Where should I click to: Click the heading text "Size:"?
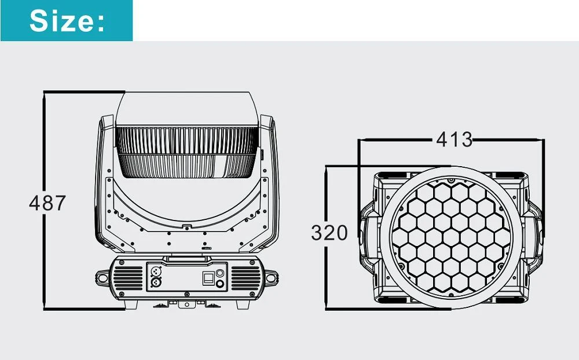[x=67, y=21]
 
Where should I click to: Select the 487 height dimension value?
[x=47, y=203]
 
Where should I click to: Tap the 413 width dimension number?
[x=454, y=139]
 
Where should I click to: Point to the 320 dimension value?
[x=329, y=233]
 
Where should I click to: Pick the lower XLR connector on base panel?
[x=156, y=283]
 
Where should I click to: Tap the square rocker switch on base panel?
[x=208, y=278]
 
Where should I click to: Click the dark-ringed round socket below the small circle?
[x=220, y=284]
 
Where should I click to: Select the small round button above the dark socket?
[x=220, y=273]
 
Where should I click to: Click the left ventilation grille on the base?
[x=128, y=278]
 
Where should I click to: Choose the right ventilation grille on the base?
[x=246, y=278]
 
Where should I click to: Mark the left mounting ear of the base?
[x=103, y=278]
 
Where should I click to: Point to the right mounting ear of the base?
[x=270, y=278]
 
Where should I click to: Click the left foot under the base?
[x=131, y=304]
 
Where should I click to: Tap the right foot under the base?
[x=243, y=304]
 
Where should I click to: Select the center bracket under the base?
[x=187, y=304]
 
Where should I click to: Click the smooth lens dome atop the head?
[x=187, y=109]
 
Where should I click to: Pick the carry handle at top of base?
[x=187, y=259]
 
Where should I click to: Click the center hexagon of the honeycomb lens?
[x=451, y=237]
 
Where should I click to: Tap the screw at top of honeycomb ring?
[x=451, y=181]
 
